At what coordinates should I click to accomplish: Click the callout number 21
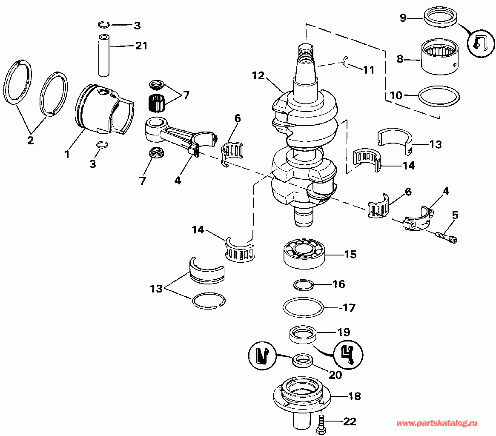coord(141,46)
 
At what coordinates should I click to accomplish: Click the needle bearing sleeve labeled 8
coord(441,57)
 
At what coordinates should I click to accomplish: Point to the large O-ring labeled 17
coord(304,307)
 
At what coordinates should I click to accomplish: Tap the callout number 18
coord(354,396)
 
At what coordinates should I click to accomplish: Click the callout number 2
coord(30,141)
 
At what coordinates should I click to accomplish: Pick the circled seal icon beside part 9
coord(480,43)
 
